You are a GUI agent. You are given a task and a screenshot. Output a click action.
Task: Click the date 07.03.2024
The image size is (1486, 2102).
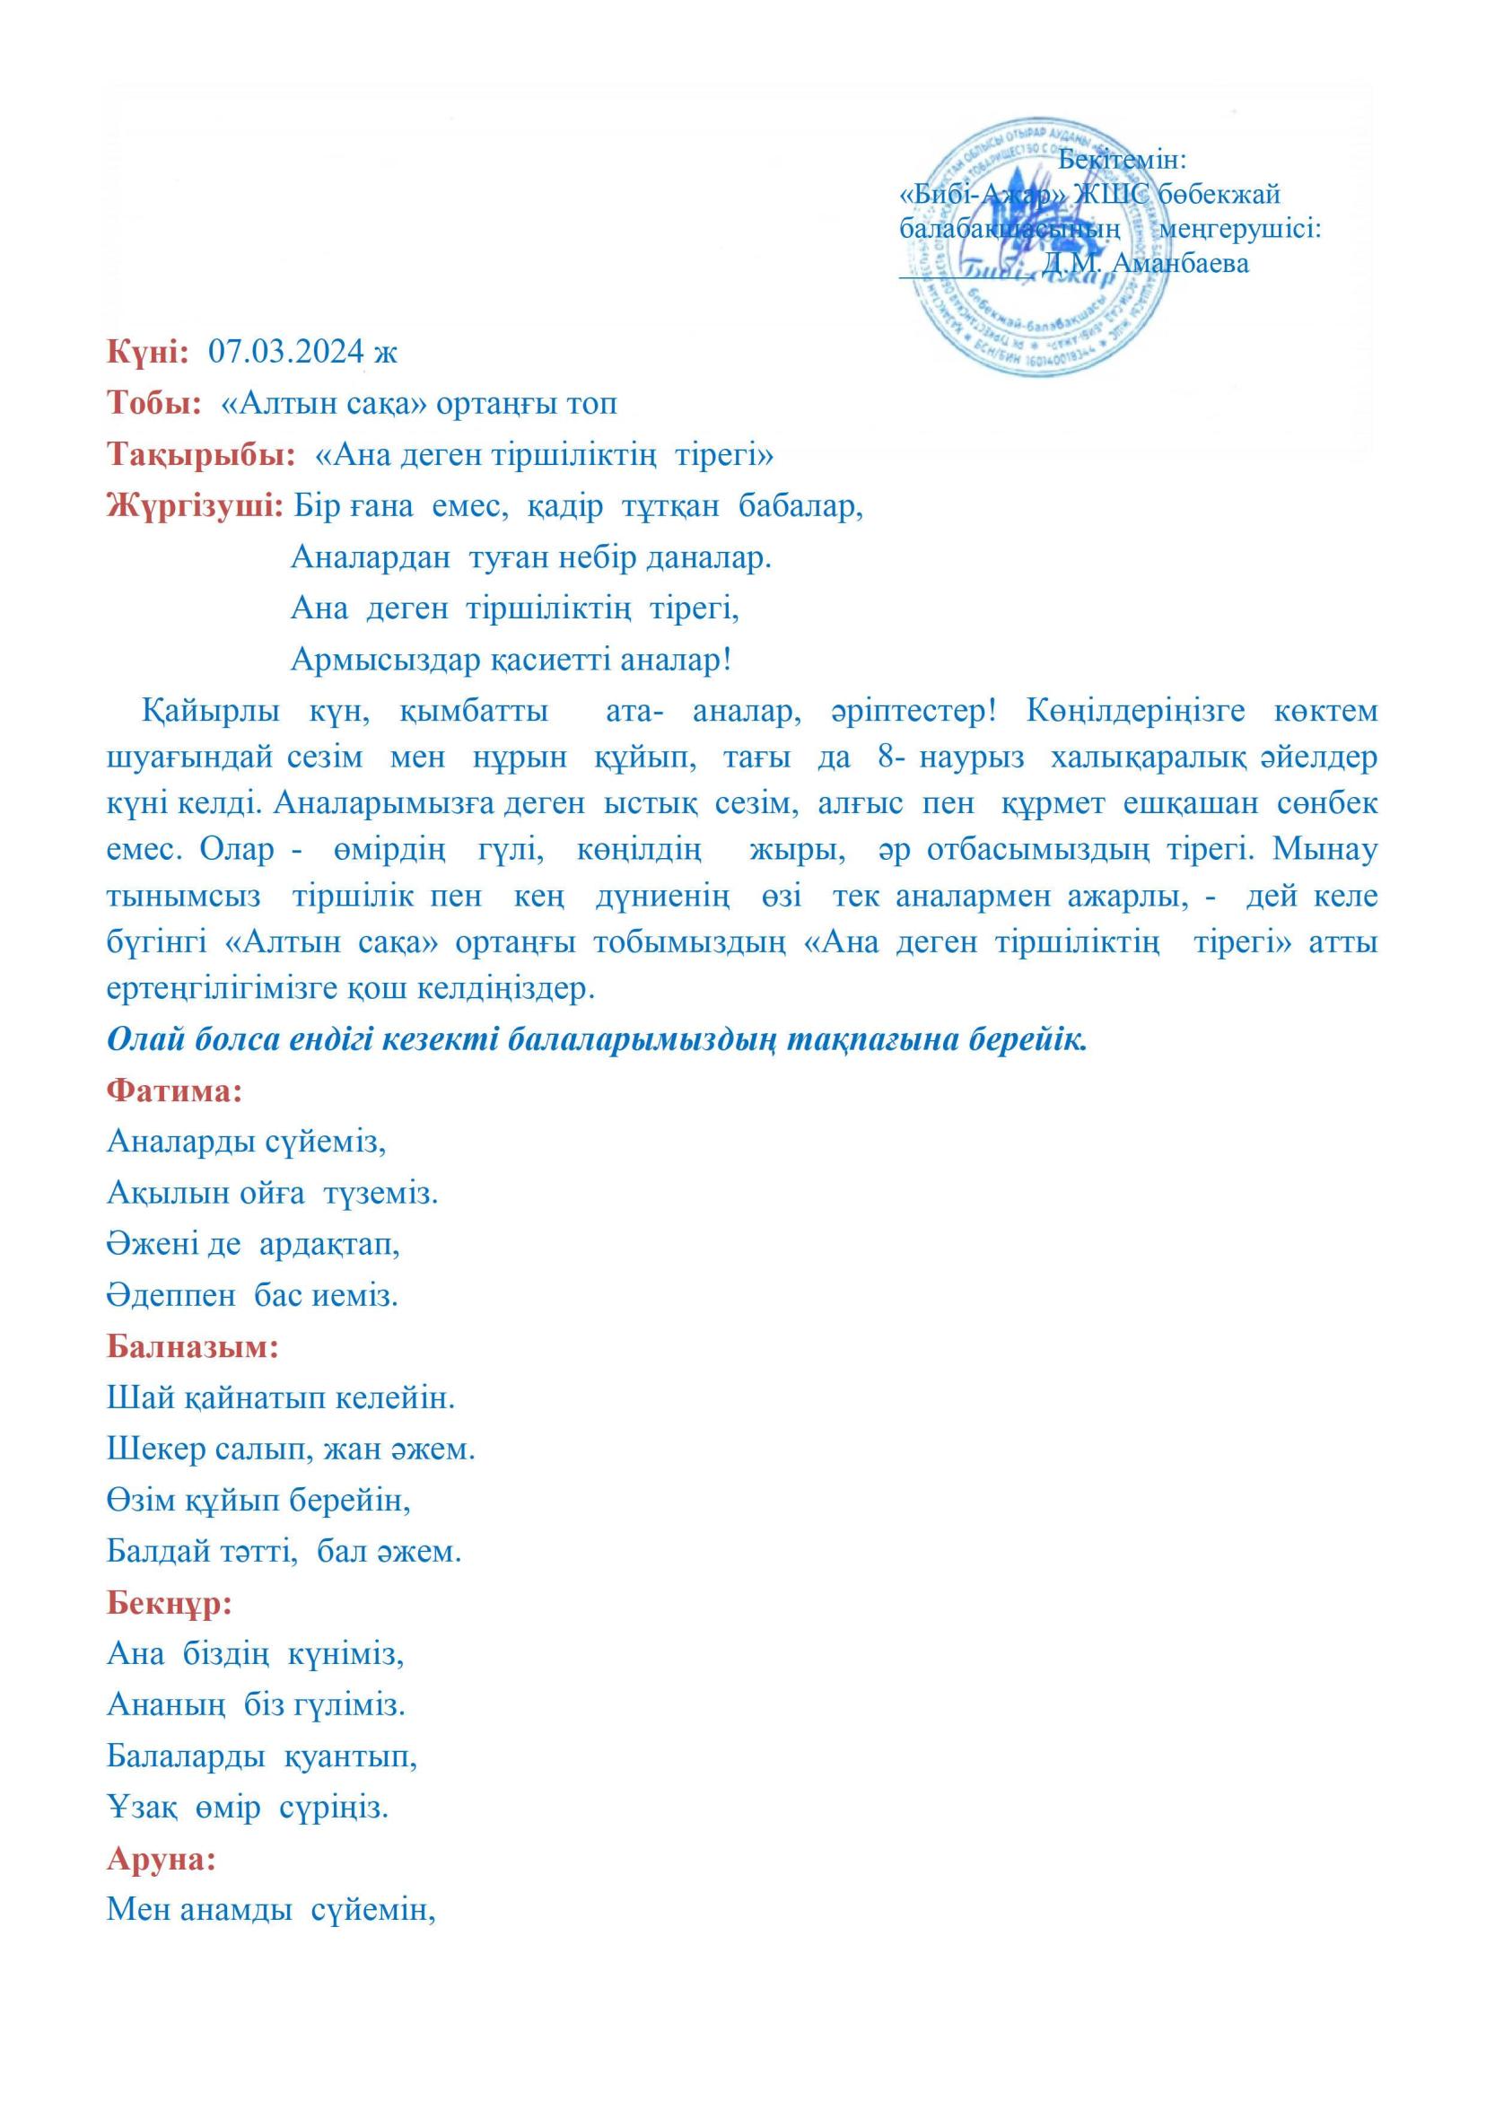click(287, 352)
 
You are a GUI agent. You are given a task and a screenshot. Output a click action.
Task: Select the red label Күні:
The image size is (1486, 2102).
click(148, 352)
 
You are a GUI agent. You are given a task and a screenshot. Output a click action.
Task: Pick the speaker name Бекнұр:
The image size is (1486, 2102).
click(170, 1604)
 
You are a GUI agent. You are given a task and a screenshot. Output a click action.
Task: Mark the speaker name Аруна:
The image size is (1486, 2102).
click(162, 1861)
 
